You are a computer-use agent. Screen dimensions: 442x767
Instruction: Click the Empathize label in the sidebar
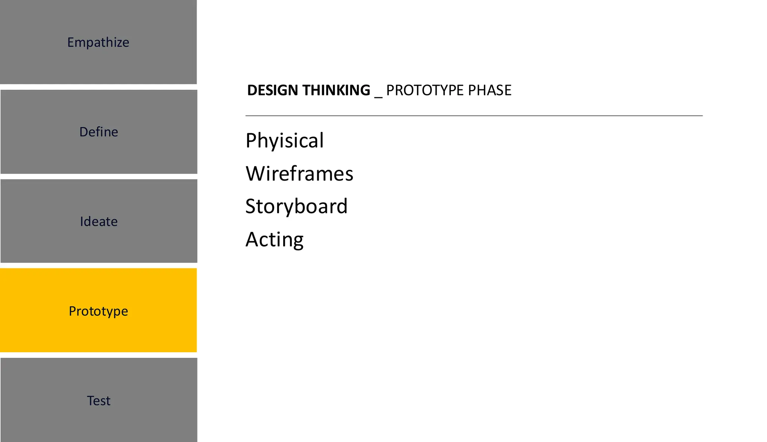(x=98, y=43)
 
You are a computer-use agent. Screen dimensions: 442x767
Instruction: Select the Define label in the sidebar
(x=98, y=132)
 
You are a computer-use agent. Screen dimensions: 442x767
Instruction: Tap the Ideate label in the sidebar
(x=98, y=222)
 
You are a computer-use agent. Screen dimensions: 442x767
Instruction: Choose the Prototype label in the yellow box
(x=98, y=311)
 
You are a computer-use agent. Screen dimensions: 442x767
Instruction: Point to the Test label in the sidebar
(x=98, y=401)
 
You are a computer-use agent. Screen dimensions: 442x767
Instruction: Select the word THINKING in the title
(x=336, y=90)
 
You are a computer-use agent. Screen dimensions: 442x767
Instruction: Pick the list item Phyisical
(x=284, y=141)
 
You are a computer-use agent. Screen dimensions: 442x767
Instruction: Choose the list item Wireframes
(x=299, y=174)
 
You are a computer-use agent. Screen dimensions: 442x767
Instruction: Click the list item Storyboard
(x=296, y=206)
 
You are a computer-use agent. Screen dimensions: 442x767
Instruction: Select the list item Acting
(x=274, y=240)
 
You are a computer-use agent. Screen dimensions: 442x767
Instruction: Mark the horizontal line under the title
(x=474, y=116)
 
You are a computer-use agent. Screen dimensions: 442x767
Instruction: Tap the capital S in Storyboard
(x=251, y=206)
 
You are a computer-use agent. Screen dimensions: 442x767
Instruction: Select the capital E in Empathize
(x=70, y=43)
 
